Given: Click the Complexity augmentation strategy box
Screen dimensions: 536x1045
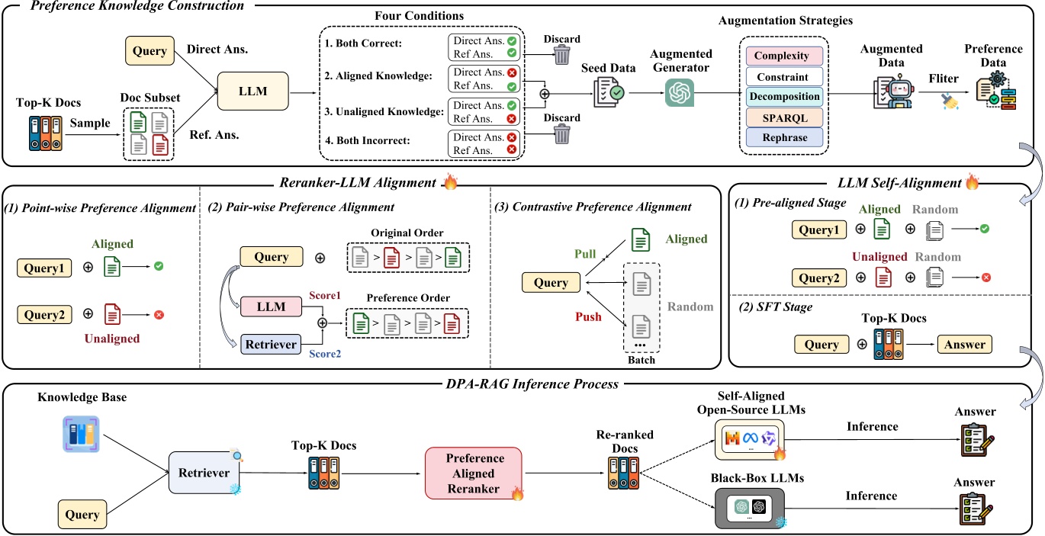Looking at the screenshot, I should [786, 56].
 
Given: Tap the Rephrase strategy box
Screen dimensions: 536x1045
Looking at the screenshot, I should [786, 137].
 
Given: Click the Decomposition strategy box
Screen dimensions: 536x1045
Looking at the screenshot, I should [786, 97].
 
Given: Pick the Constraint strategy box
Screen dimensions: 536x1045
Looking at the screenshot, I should [786, 77].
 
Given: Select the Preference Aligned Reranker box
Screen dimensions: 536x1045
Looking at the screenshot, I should [474, 473].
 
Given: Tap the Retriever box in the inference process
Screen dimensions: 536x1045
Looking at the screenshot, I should [204, 473].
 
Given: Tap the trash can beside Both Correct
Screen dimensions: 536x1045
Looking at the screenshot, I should [561, 54].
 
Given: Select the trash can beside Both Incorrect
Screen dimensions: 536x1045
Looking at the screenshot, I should [561, 134].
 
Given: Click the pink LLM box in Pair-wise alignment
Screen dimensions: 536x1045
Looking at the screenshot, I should [272, 307].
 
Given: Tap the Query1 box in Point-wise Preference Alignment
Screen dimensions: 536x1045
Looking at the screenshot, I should [43, 268].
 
